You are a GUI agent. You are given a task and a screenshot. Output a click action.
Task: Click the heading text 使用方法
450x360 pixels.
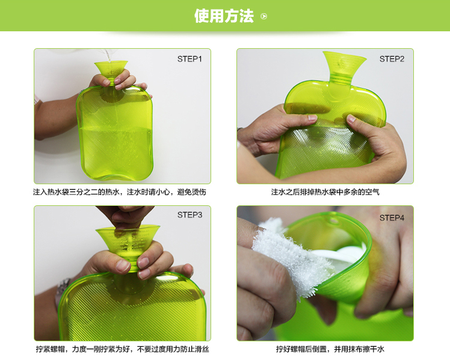[x=224, y=16]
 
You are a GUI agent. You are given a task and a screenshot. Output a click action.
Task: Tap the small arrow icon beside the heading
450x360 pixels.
[x=264, y=17]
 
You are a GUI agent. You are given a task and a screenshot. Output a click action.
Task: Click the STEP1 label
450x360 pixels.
[x=190, y=59]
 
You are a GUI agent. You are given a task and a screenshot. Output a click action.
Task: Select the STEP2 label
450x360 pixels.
[x=392, y=59]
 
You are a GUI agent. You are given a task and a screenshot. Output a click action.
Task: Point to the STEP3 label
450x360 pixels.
[x=190, y=215]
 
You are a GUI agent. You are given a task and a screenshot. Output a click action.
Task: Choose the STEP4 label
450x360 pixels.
[x=392, y=217]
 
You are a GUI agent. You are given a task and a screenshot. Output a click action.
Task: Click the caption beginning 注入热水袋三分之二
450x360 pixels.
[x=119, y=193]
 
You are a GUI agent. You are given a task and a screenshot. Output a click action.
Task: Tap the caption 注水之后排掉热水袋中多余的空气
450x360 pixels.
[x=325, y=193]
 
